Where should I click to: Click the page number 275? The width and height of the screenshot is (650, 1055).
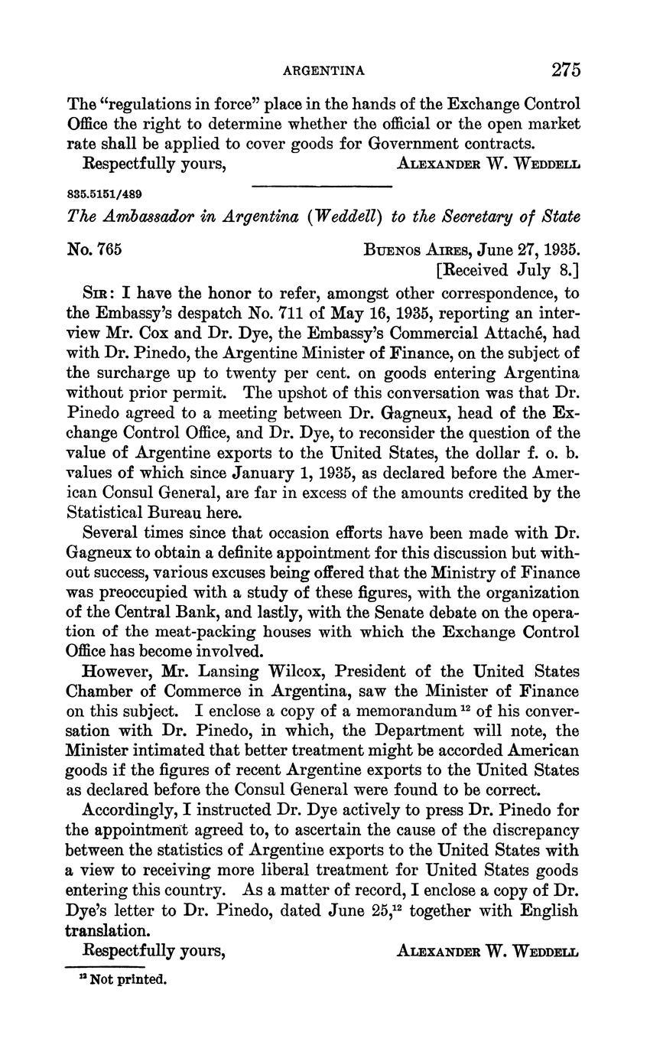tap(565, 70)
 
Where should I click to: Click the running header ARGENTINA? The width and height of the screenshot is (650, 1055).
tap(323, 71)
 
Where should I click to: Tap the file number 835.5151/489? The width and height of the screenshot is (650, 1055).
tap(104, 194)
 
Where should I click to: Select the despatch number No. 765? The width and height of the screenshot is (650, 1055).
tap(95, 249)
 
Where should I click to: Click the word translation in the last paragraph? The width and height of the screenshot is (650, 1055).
tap(107, 931)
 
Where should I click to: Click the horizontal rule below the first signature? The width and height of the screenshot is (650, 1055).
tap(321, 186)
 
